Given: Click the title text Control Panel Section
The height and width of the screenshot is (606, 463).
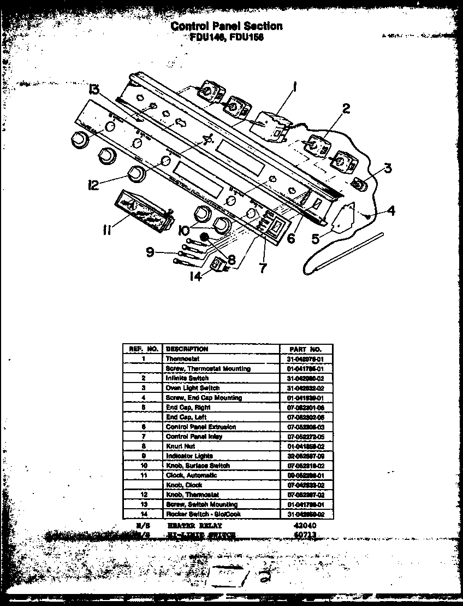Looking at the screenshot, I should [x=227, y=26].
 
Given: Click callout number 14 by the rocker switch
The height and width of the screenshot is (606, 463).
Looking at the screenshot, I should [x=195, y=276].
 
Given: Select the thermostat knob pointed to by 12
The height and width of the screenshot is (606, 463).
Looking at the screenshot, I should [x=135, y=174].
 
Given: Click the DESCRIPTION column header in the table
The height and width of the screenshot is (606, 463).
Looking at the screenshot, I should [x=187, y=349].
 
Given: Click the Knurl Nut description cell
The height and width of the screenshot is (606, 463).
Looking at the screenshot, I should [x=177, y=446].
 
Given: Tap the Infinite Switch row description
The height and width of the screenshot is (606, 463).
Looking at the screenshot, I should [x=187, y=378].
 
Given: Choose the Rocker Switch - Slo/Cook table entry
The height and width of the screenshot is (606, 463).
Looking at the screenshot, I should [x=203, y=514].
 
